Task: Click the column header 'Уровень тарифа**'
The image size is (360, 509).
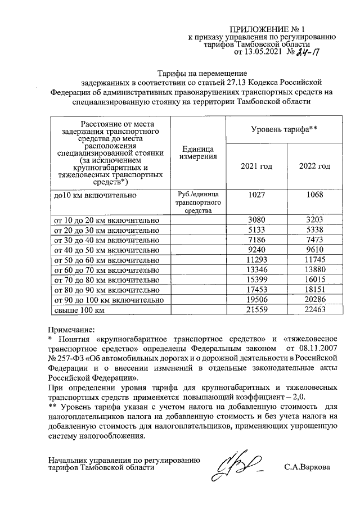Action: tap(284, 129)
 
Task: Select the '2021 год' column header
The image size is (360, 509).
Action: tap(256, 166)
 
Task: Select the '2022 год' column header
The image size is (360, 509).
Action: tap(314, 166)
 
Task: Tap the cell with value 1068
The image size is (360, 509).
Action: tap(314, 195)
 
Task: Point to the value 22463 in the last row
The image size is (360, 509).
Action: tap(314, 311)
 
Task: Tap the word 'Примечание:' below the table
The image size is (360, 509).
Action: tap(72, 329)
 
